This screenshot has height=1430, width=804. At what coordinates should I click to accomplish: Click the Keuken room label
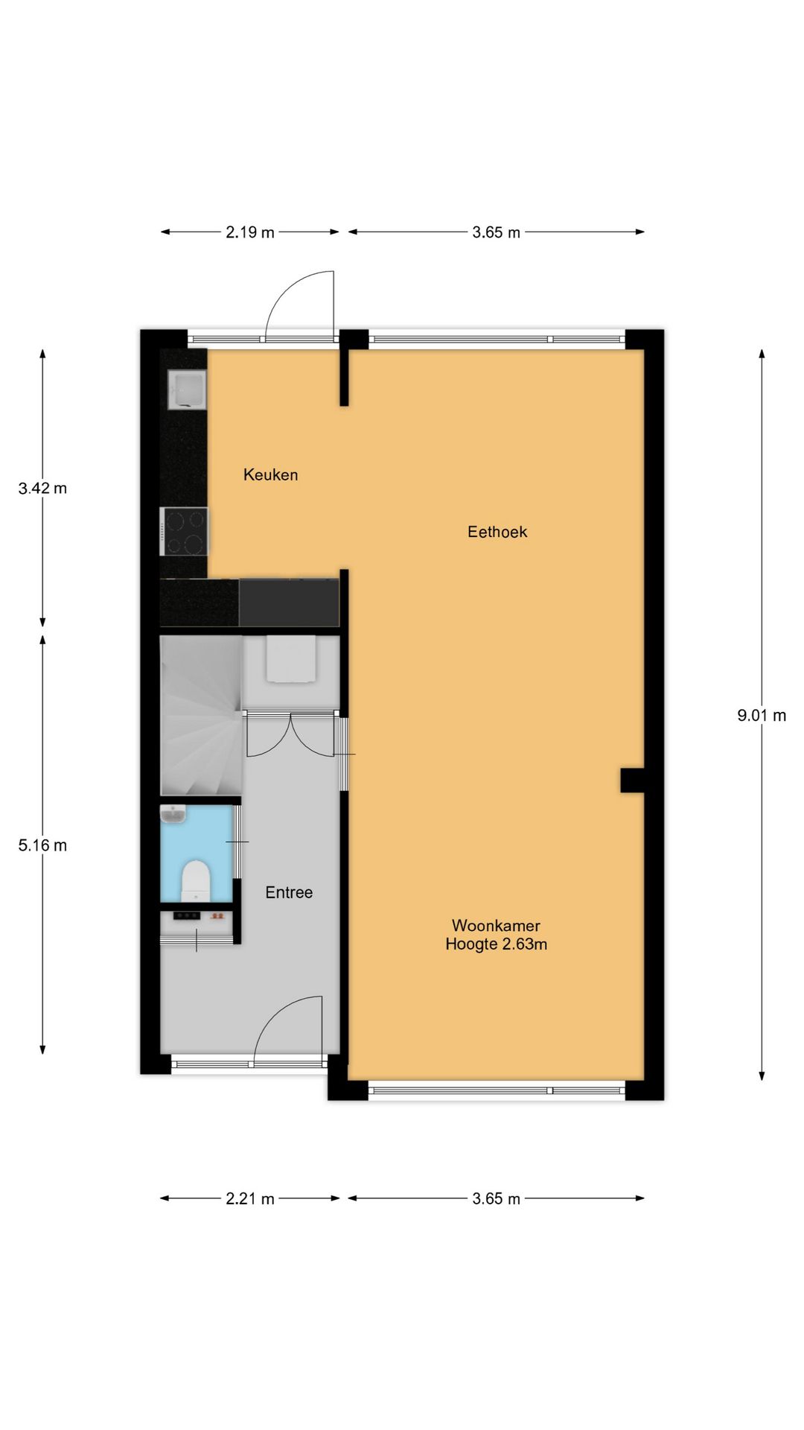tap(270, 474)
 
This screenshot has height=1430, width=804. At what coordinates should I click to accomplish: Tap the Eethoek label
tap(497, 532)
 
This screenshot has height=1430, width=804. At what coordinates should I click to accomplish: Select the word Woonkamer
tap(496, 926)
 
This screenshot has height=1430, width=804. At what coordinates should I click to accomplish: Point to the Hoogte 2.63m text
tap(496, 944)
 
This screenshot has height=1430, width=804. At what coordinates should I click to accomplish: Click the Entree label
tap(289, 892)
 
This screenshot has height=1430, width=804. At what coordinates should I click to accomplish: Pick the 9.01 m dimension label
tap(762, 716)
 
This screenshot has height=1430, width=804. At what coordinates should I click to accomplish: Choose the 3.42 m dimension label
tap(42, 489)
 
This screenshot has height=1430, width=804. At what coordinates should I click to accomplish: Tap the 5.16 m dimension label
tap(42, 845)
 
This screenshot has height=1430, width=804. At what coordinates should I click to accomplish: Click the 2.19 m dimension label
tap(250, 232)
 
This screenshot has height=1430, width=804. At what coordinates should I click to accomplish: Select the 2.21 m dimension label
tap(250, 1199)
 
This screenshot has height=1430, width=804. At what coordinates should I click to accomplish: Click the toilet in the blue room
tap(197, 879)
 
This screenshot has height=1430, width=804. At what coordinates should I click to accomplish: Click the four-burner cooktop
tap(184, 531)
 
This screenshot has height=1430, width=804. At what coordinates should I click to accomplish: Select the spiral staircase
tap(201, 715)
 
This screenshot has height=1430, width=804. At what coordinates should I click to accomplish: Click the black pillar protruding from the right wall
tap(632, 781)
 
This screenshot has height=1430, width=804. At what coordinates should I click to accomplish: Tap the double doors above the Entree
tap(291, 736)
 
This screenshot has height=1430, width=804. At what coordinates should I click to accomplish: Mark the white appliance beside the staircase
tap(290, 658)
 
